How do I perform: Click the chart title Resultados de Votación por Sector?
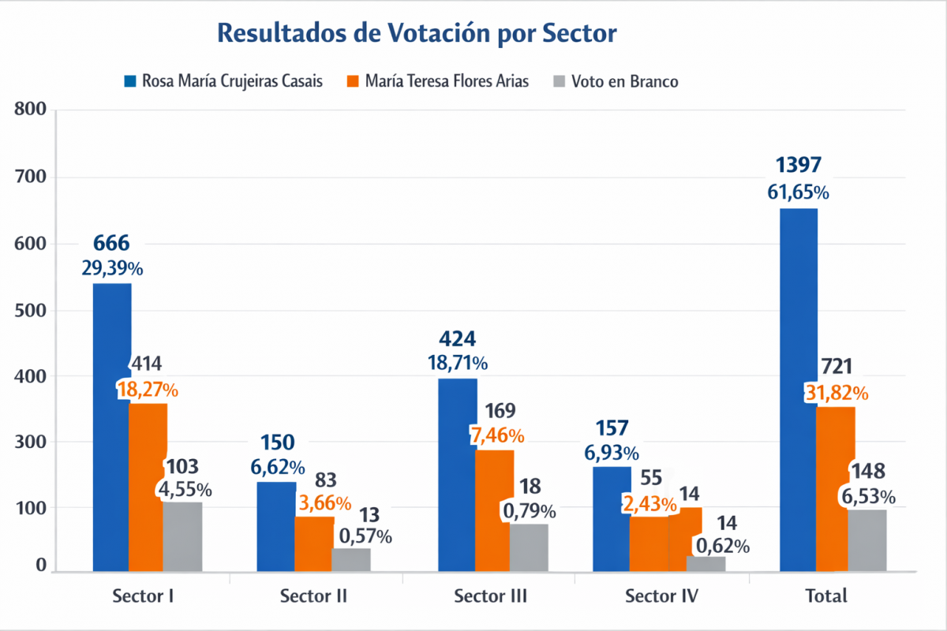pos(416,34)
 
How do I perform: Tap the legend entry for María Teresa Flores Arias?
pos(438,81)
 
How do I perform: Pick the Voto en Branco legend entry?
pos(616,81)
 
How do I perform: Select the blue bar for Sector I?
pos(112,426)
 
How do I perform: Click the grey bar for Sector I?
pos(183,536)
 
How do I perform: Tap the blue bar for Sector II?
pos(276,526)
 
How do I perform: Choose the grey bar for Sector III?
pos(529,547)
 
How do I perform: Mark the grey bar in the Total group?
pos(867,540)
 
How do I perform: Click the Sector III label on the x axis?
pos(491,596)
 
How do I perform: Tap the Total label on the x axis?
pos(827,596)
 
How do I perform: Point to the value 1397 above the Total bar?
pos(799,165)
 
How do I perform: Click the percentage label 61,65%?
pos(799,192)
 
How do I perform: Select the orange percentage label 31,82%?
pos(837,393)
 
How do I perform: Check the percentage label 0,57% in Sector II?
pos(365,536)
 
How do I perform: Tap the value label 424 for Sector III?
pos(458,339)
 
